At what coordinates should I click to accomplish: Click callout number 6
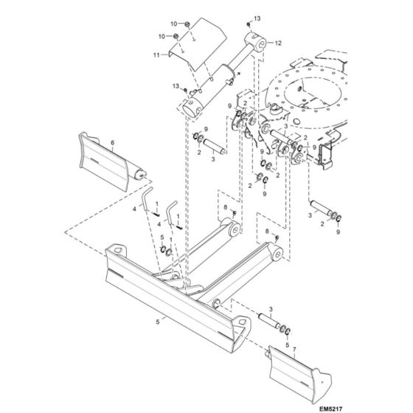click(112, 142)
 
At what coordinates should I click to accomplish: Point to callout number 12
click(279, 44)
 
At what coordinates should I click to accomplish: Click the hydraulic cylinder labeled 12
click(221, 74)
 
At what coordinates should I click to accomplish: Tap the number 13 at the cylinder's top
click(258, 17)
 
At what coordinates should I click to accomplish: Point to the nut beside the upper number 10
click(187, 25)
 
